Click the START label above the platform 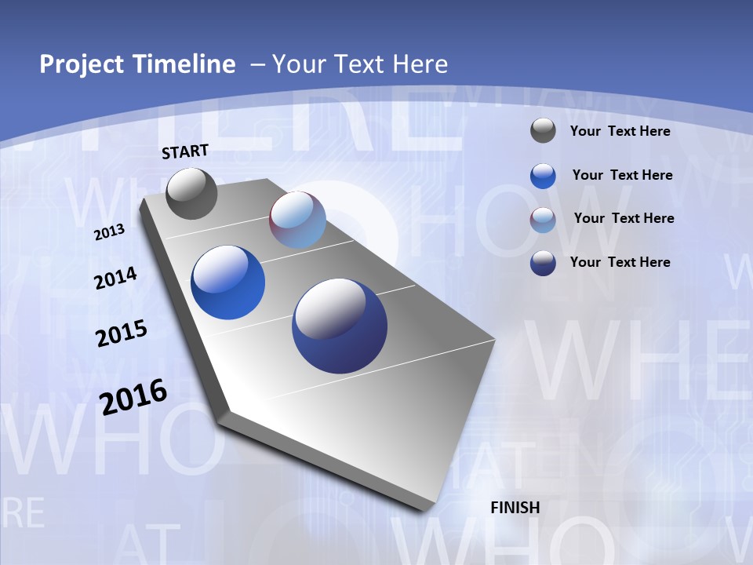tap(185, 151)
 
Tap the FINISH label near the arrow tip tap(515, 508)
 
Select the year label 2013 tap(109, 231)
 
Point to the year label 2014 tap(115, 278)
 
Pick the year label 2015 tap(122, 333)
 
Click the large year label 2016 tap(133, 396)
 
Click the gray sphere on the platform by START tap(191, 193)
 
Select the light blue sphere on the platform tap(297, 219)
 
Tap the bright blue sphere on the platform tap(227, 282)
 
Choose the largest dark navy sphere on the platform tap(340, 326)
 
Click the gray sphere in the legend tap(543, 130)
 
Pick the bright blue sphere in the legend tap(543, 175)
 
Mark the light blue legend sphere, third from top tap(543, 219)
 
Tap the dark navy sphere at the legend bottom tap(543, 262)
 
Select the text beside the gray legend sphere tap(620, 131)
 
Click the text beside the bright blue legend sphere tap(622, 175)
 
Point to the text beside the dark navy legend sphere tap(620, 262)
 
